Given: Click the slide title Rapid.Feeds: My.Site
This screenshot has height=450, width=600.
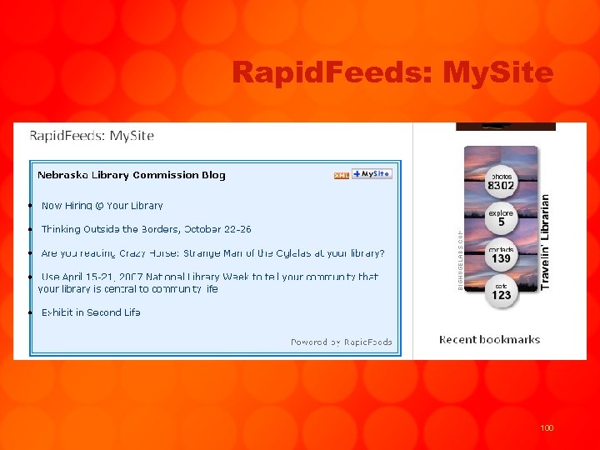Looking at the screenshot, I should click(x=392, y=73).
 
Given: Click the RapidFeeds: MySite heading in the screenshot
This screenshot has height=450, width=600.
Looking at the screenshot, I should click(x=92, y=136).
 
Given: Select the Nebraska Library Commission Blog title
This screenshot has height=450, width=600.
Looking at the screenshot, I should click(x=131, y=175).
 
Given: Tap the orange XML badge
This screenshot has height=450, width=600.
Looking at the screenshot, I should click(x=341, y=175).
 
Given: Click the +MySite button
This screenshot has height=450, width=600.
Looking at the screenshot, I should click(x=372, y=174).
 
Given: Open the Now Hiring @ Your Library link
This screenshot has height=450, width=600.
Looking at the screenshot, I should click(x=102, y=205).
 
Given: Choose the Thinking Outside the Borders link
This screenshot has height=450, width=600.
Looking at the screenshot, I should click(x=146, y=229).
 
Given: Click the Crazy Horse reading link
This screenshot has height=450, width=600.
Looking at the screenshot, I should click(x=212, y=253).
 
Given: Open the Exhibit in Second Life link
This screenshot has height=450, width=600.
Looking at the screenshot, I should click(x=91, y=312).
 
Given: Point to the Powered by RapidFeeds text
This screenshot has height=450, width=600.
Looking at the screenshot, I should click(x=341, y=342).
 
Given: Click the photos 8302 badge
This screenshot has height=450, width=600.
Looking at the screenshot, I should click(x=501, y=182).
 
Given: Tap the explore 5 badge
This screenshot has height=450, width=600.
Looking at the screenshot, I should click(x=501, y=218).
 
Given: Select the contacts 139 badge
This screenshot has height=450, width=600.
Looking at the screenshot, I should click(x=501, y=255).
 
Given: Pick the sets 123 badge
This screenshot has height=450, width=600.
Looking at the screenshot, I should click(x=501, y=292).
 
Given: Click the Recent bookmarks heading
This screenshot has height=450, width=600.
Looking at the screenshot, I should click(x=489, y=339).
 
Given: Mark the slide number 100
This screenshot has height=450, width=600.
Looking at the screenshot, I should click(x=547, y=428).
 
